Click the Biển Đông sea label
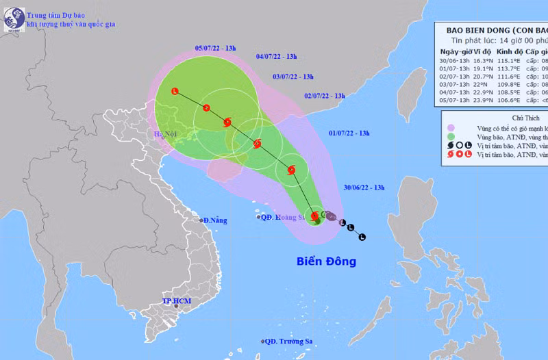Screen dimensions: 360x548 (x=326, y=261)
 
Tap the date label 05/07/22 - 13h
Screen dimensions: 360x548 (x=215, y=48)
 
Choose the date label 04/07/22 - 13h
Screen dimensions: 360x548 (x=276, y=56)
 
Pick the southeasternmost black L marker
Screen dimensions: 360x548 (x=362, y=237)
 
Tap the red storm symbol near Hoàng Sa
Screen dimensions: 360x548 (x=316, y=216)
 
